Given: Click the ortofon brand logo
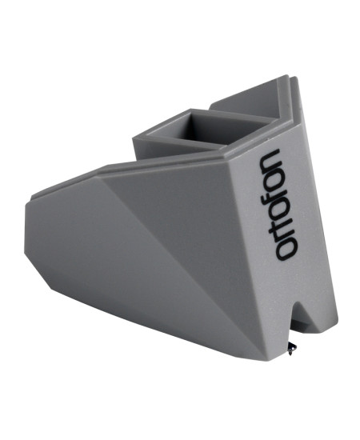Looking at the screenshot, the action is (x=278, y=204).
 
